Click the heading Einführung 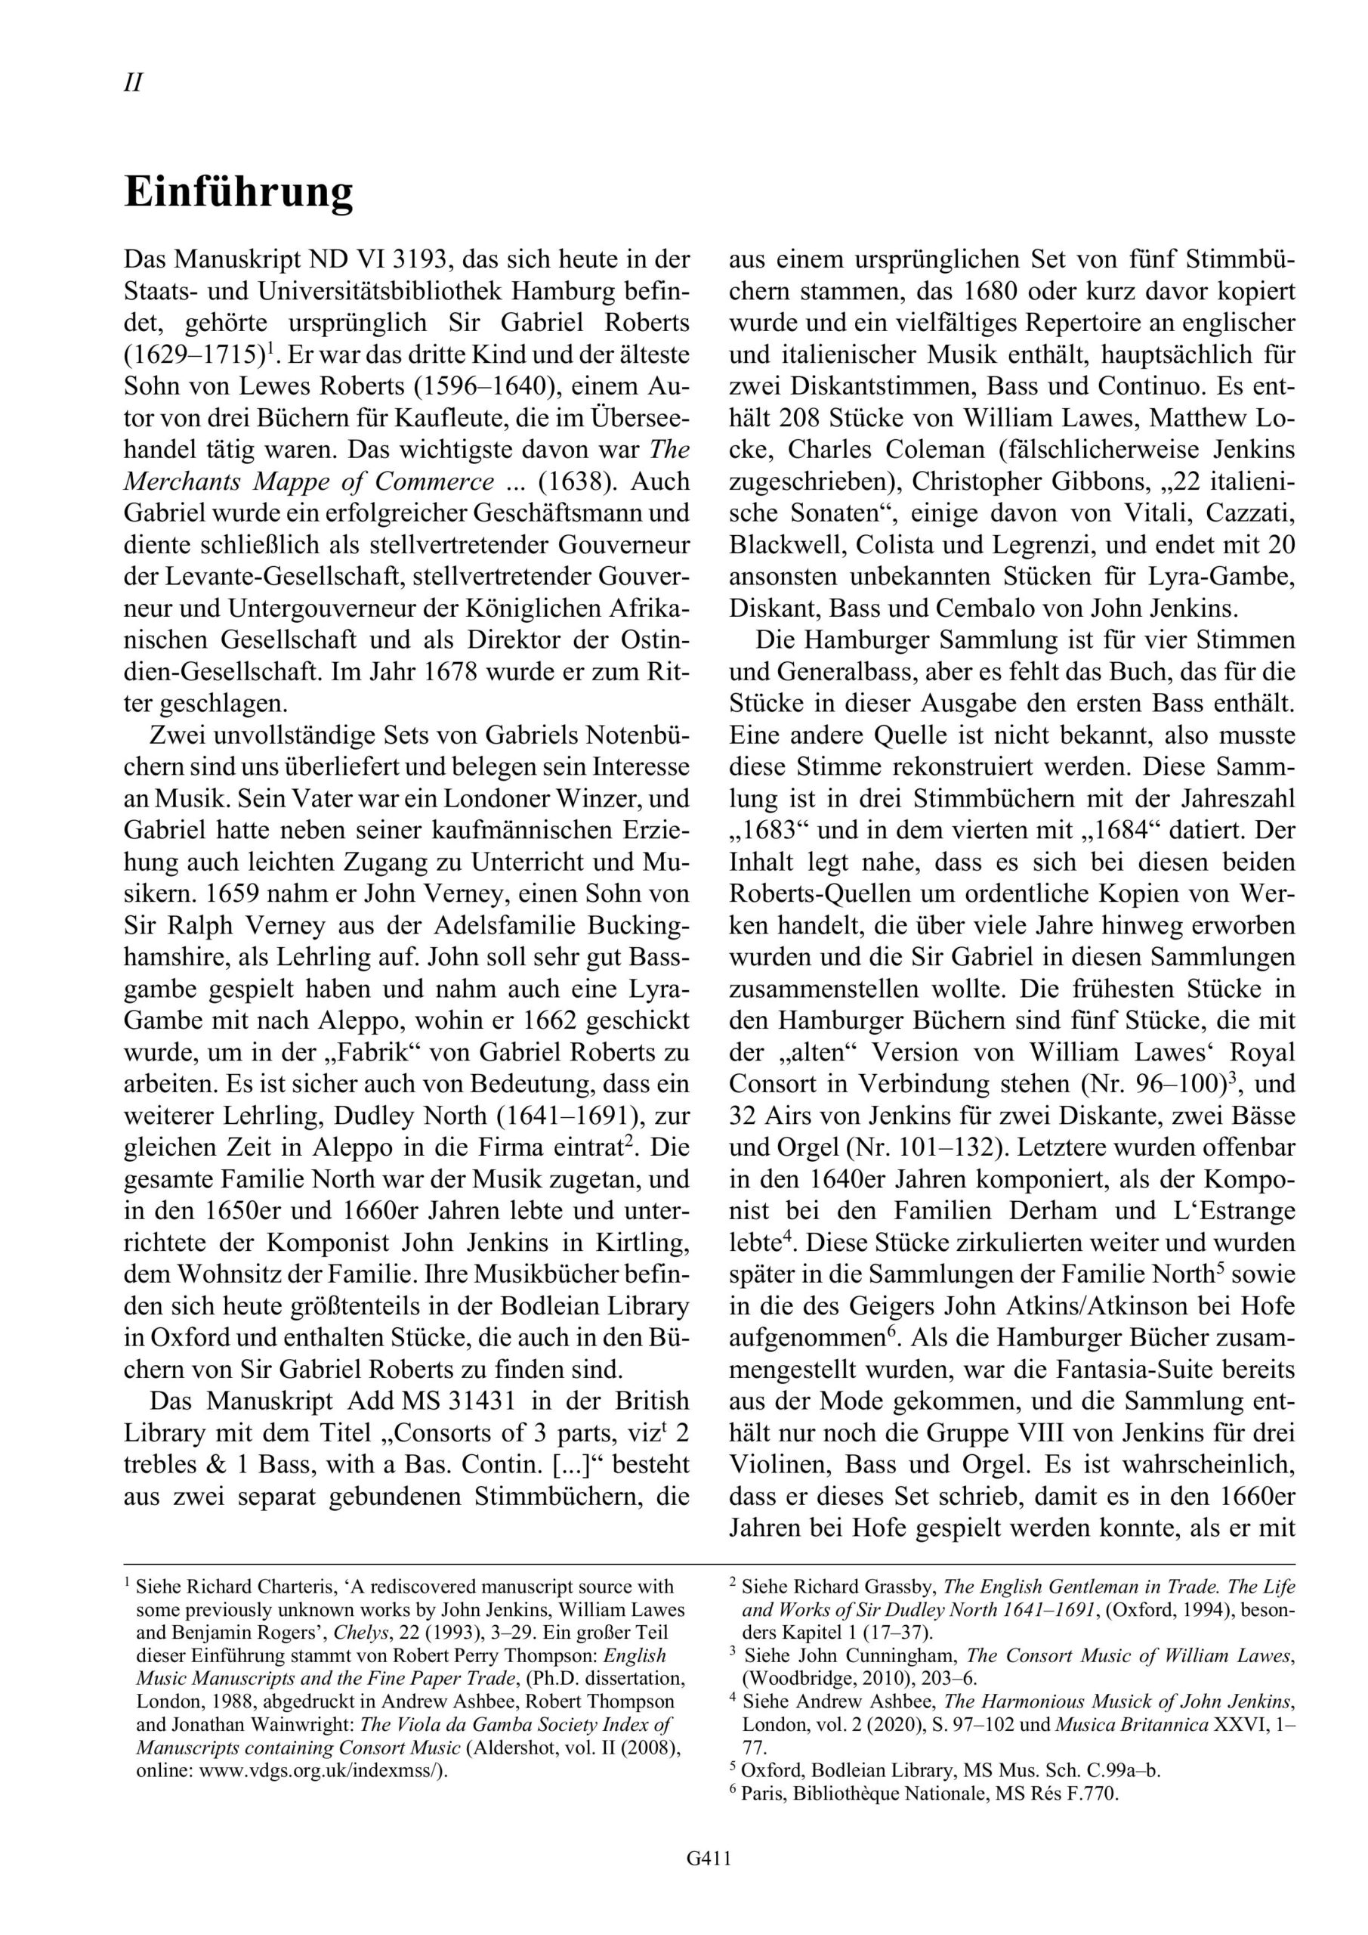(239, 193)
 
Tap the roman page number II (133, 82)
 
